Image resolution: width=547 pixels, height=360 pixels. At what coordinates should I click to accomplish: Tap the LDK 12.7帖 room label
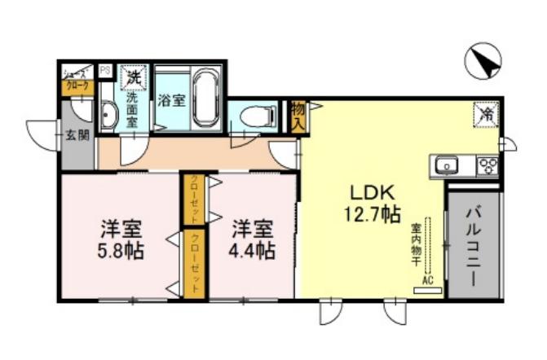tap(373, 204)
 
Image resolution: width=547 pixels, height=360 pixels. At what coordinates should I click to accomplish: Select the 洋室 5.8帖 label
tap(120, 239)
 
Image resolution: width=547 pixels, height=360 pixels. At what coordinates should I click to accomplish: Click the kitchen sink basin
tap(446, 166)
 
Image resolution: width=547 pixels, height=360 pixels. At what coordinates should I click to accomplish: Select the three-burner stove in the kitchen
tap(487, 166)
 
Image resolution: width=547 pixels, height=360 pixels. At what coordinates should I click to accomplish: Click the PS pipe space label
tap(105, 71)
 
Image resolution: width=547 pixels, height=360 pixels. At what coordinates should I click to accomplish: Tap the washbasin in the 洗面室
tap(108, 115)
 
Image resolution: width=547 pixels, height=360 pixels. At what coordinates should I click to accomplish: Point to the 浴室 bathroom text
tap(170, 101)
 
